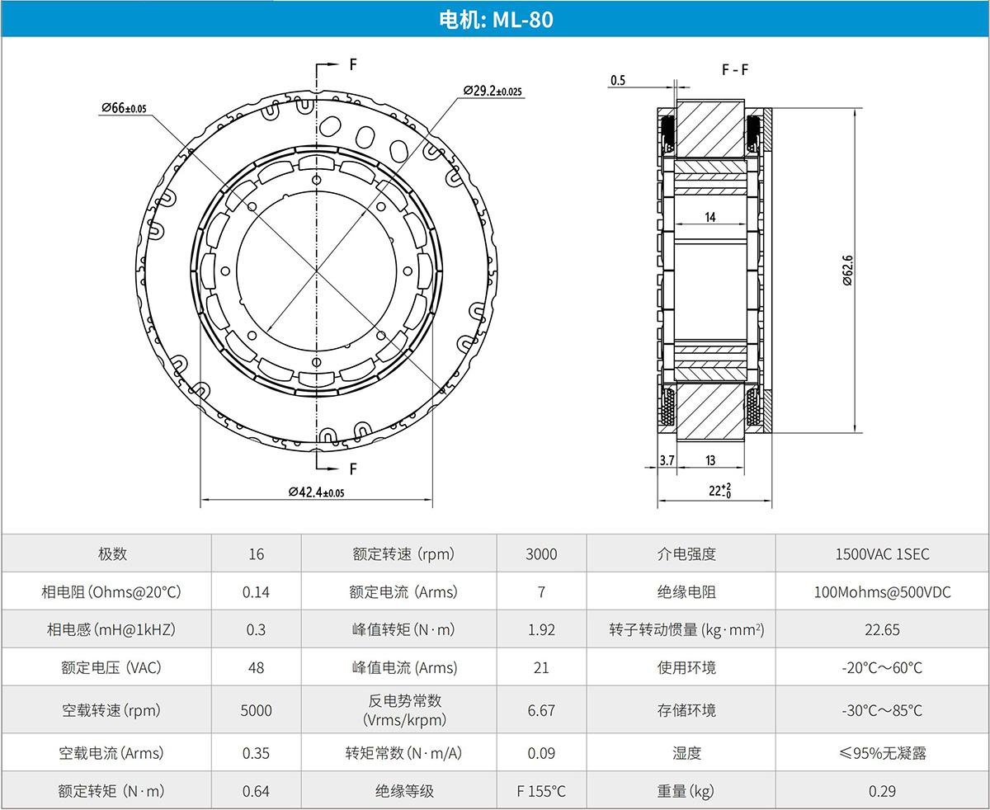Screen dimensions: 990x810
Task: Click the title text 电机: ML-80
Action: (496, 20)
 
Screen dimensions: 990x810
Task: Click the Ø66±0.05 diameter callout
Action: (124, 108)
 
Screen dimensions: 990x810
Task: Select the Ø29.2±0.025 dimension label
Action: (493, 91)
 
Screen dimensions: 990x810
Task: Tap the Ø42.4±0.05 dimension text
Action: (316, 492)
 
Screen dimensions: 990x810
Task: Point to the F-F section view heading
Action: (735, 70)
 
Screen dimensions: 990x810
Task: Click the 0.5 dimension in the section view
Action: (618, 80)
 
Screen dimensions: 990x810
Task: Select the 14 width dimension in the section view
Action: (710, 217)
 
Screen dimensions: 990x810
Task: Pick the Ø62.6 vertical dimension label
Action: (847, 271)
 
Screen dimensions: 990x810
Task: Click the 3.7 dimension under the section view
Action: (667, 460)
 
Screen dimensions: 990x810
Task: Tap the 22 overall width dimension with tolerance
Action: (719, 491)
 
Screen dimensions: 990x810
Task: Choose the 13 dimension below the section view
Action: (710, 460)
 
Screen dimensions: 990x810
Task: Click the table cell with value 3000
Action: (541, 553)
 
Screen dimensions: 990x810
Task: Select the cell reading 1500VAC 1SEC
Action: (882, 553)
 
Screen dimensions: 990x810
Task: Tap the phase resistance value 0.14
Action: (256, 591)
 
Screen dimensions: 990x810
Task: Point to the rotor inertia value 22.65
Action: (882, 629)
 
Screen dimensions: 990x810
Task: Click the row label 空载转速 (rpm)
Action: (111, 710)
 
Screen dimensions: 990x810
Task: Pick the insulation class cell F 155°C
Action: (541, 791)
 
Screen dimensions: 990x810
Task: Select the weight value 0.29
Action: (882, 791)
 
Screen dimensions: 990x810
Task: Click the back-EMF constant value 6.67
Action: (541, 710)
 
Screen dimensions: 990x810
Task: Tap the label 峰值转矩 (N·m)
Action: (403, 629)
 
